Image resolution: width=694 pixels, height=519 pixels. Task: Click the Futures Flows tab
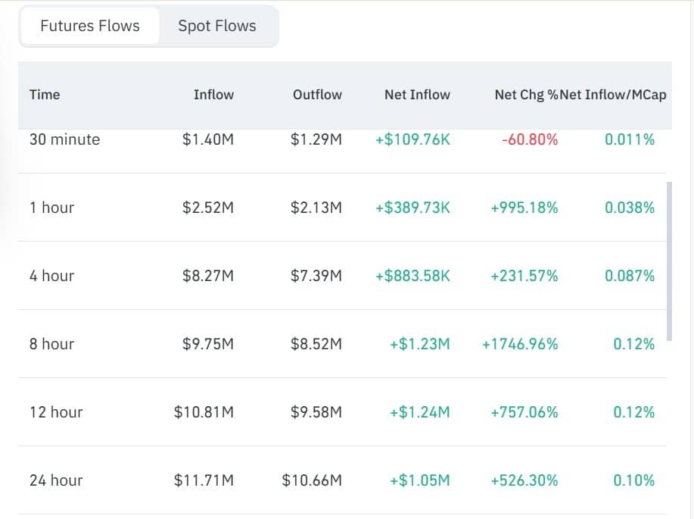click(90, 26)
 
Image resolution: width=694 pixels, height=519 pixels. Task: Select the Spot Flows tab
click(217, 26)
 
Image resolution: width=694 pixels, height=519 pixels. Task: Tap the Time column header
click(45, 95)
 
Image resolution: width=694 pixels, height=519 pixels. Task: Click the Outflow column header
click(317, 95)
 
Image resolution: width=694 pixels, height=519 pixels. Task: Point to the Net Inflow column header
click(417, 95)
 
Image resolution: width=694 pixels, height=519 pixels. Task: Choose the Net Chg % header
click(527, 95)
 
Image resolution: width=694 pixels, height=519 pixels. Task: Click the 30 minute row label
click(64, 139)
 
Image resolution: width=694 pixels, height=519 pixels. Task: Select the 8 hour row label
click(51, 344)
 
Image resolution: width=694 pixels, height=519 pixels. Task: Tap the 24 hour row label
click(56, 480)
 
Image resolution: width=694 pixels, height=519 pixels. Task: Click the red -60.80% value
click(530, 139)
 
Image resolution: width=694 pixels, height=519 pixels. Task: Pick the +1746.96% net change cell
click(520, 344)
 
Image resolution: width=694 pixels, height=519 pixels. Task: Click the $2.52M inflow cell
click(208, 208)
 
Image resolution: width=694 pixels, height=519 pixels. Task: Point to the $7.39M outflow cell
click(316, 276)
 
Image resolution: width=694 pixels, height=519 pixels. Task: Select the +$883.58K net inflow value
click(412, 276)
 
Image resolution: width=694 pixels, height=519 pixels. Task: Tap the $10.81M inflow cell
click(204, 412)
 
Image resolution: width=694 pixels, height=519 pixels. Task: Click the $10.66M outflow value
click(312, 480)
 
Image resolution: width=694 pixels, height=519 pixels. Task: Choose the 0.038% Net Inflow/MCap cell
click(630, 208)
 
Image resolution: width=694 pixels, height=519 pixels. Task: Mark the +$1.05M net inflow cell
click(419, 480)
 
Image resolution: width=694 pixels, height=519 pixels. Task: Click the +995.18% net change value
click(524, 208)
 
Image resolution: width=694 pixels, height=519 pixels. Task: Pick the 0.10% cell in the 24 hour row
click(633, 480)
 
